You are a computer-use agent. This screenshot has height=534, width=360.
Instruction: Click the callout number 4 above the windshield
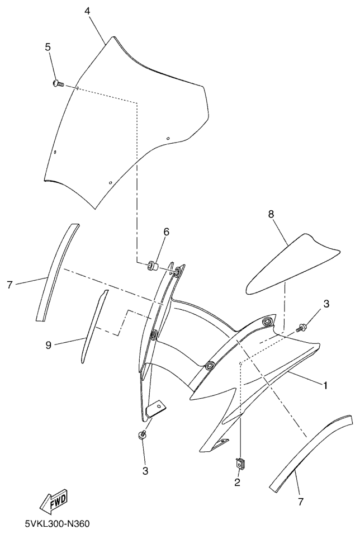pyautogui.click(x=88, y=11)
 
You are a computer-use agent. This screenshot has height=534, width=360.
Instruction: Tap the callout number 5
pyautogui.click(x=48, y=47)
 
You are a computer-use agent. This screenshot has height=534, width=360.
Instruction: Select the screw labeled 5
pyautogui.click(x=58, y=83)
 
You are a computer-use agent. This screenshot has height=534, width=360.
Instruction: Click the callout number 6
pyautogui.click(x=166, y=232)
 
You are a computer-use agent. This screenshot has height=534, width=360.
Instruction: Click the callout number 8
pyautogui.click(x=271, y=215)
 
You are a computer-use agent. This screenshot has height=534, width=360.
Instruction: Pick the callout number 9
pyautogui.click(x=49, y=346)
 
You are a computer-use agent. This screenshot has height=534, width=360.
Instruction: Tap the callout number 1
pyautogui.click(x=325, y=385)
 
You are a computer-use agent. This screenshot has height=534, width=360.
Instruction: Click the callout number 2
pyautogui.click(x=237, y=482)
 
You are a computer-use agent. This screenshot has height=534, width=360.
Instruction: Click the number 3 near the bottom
pyautogui.click(x=145, y=471)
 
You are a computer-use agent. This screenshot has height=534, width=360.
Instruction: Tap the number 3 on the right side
pyautogui.click(x=326, y=304)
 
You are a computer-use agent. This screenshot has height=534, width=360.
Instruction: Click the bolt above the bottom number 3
pyautogui.click(x=142, y=434)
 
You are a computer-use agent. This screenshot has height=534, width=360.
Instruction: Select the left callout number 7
pyautogui.click(x=9, y=285)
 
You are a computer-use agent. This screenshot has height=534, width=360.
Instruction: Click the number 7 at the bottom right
pyautogui.click(x=300, y=502)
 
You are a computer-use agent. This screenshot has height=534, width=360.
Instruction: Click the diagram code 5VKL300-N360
pyautogui.click(x=57, y=524)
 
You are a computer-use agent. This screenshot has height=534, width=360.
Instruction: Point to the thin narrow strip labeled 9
pyautogui.click(x=94, y=326)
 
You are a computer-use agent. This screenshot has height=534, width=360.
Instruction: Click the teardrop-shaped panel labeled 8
pyautogui.click(x=292, y=264)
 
